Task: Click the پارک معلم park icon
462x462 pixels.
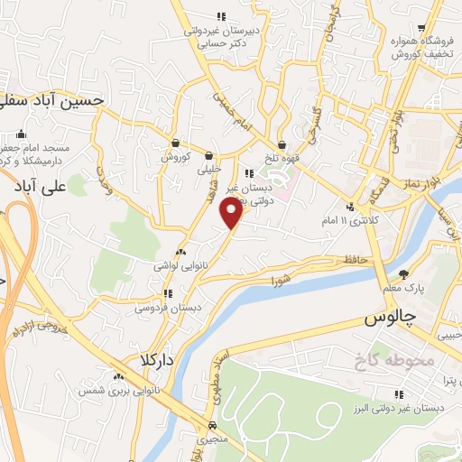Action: tap(404, 273)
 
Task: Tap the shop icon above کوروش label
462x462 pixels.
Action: tap(175, 143)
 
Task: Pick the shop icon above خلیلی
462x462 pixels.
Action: tap(209, 155)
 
